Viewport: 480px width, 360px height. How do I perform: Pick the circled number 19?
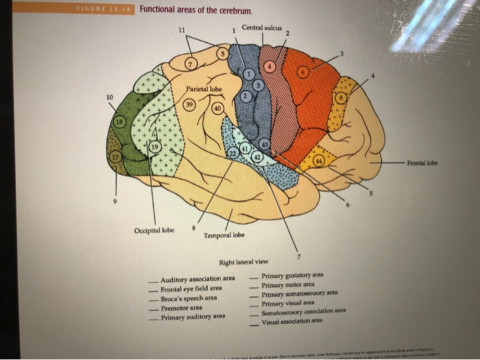pyautogui.click(x=155, y=146)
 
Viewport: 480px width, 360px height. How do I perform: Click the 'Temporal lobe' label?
pyautogui.click(x=224, y=235)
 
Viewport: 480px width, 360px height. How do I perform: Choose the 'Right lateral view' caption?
pyautogui.click(x=244, y=262)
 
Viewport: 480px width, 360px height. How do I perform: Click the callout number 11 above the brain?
pyautogui.click(x=181, y=30)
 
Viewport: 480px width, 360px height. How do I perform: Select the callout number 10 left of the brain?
pyautogui.click(x=110, y=97)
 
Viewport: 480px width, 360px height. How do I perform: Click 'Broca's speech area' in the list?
pyautogui.click(x=189, y=298)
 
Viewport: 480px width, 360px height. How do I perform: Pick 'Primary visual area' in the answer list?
pyautogui.click(x=288, y=302)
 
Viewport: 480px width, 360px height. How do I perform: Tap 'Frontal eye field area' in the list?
pyautogui.click(x=191, y=288)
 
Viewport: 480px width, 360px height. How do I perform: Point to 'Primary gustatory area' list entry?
pyautogui.click(x=292, y=275)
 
